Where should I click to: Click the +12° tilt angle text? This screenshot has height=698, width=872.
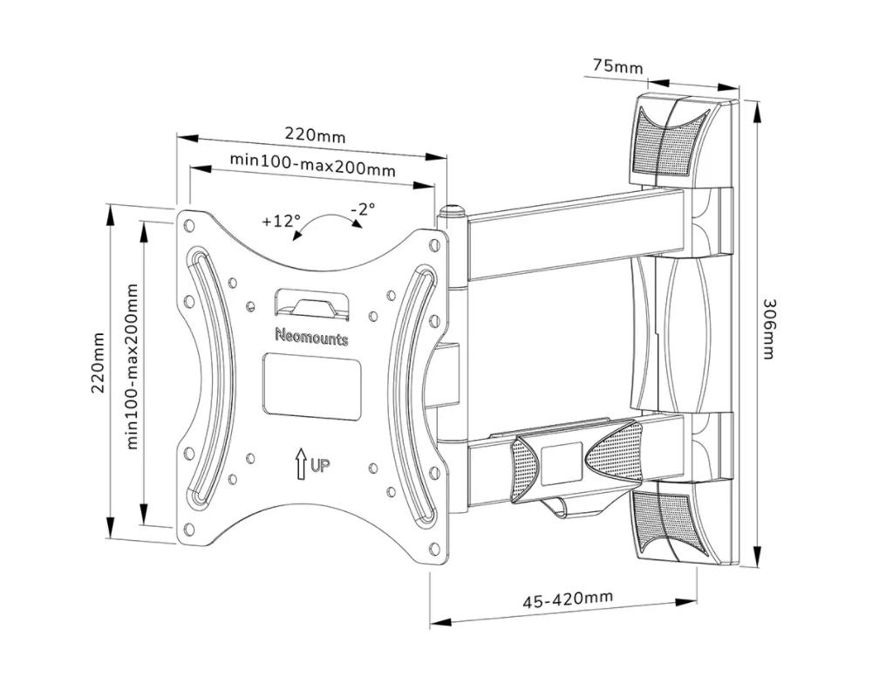click(x=281, y=221)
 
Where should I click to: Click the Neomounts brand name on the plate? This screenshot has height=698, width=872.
click(x=311, y=336)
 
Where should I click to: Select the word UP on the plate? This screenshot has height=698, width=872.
click(x=320, y=467)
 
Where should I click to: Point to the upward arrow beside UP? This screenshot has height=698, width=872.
click(x=301, y=463)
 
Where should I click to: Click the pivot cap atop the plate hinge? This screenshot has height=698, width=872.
click(x=452, y=211)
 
